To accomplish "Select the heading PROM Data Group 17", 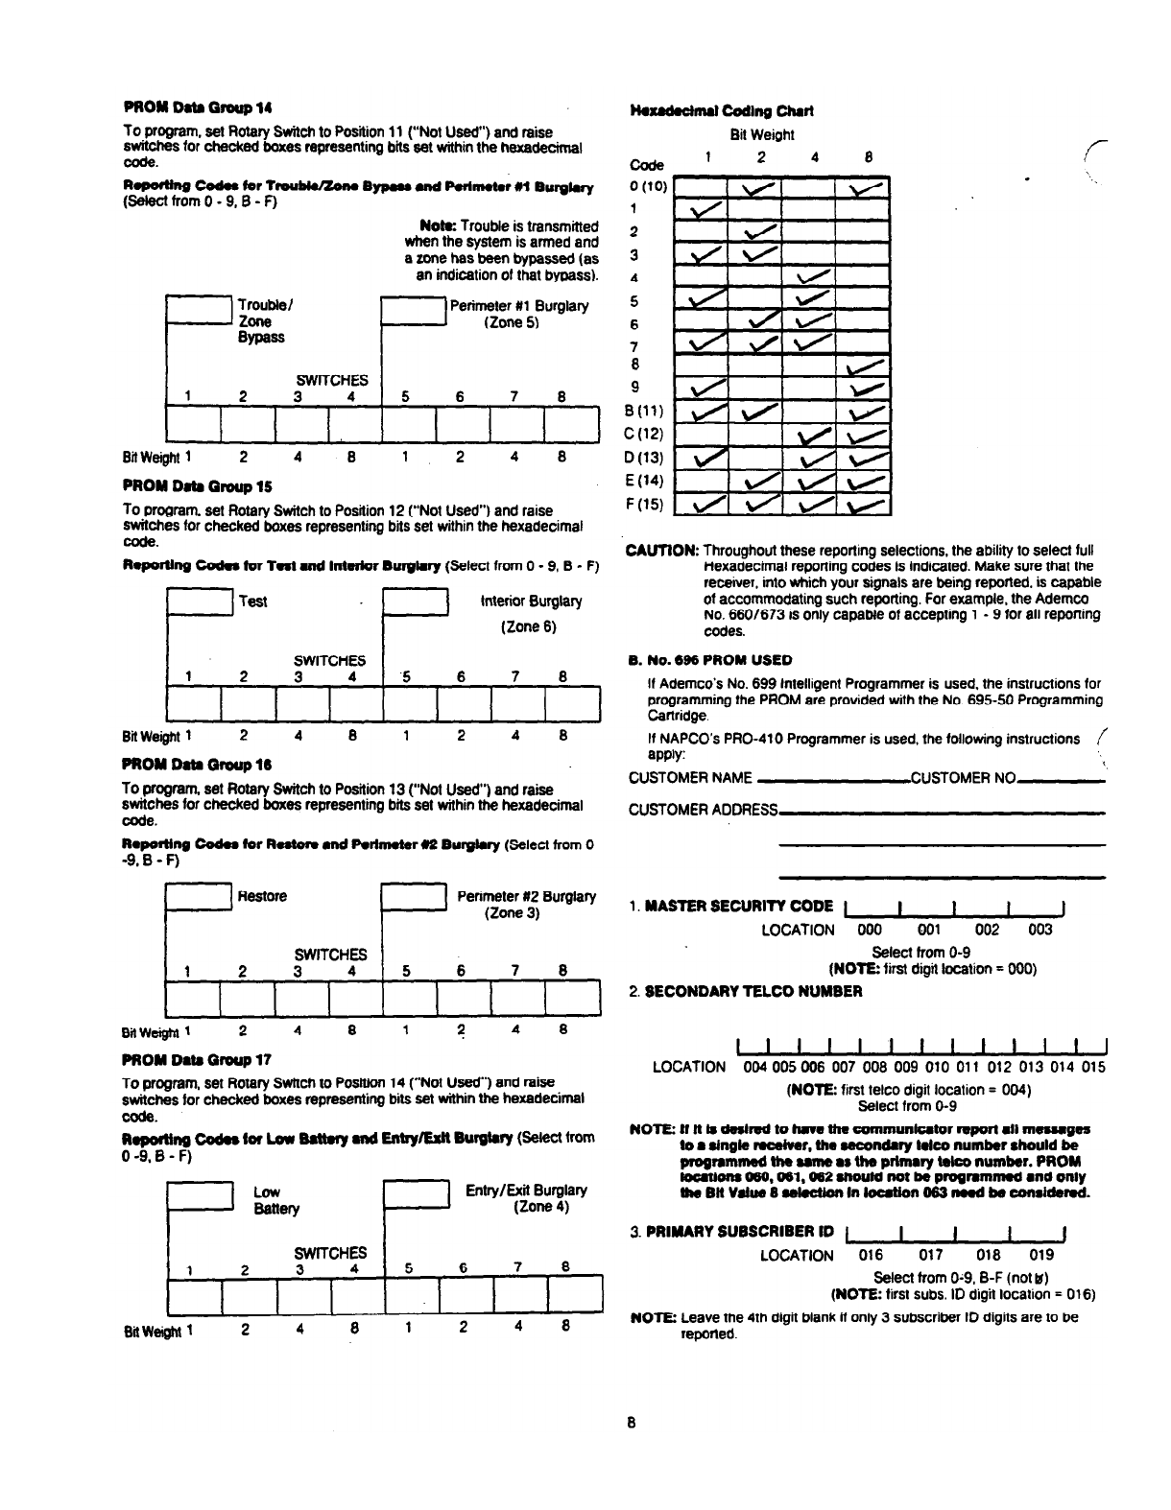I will pos(198,1059).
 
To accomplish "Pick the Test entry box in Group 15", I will pos(201,604).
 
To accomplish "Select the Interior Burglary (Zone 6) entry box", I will pos(415,604).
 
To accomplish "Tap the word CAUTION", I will pos(662,551).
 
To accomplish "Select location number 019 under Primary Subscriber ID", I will pos(1041,1254).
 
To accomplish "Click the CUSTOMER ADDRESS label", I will pos(703,810).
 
